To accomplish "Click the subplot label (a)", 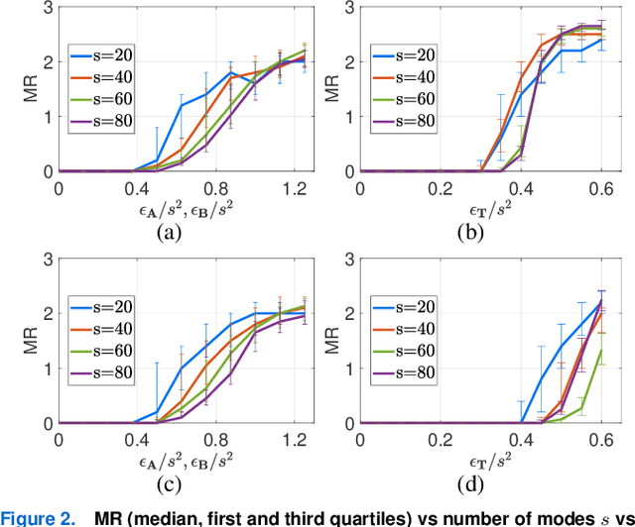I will (x=169, y=234).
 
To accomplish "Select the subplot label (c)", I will (x=169, y=485).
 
